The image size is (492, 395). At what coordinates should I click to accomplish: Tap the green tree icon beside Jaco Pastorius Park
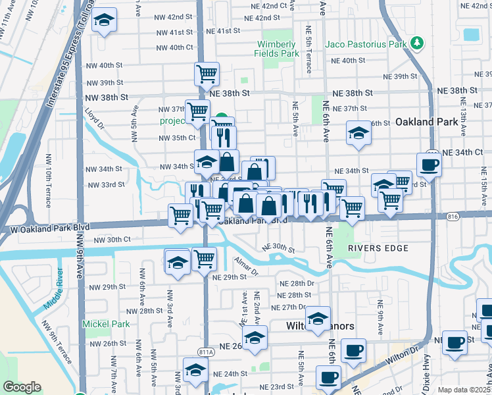point(416,43)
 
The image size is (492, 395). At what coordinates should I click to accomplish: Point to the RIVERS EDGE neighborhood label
point(378,248)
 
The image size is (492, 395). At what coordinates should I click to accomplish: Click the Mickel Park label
point(106,324)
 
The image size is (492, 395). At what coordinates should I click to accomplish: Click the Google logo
point(22,387)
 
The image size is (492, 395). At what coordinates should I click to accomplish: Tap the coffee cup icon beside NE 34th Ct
point(429,165)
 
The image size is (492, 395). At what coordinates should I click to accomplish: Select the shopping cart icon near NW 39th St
point(207,74)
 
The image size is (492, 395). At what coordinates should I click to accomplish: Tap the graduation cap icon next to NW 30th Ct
point(177,262)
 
